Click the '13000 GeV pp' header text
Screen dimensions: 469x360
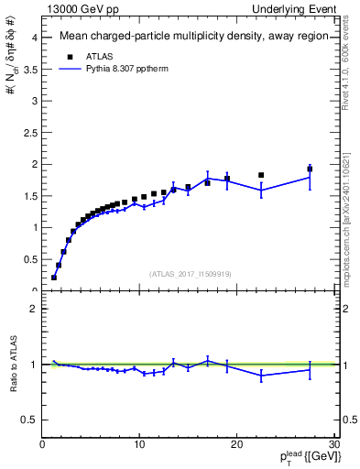click(82, 9)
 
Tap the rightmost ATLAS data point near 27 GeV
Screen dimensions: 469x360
click(310, 169)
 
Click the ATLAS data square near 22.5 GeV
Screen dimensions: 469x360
click(261, 175)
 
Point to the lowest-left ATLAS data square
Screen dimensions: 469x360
click(54, 277)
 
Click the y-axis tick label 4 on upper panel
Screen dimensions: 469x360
click(33, 38)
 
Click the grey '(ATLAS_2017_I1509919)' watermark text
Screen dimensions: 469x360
click(189, 273)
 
